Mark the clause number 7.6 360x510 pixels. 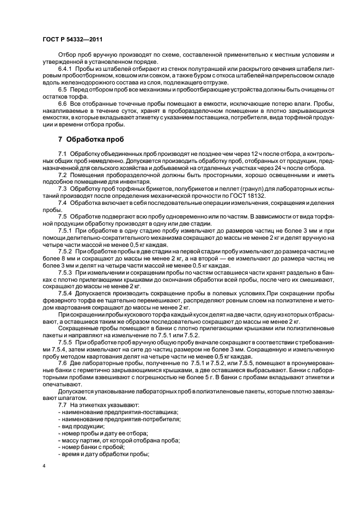pyautogui.click(x=62, y=362)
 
